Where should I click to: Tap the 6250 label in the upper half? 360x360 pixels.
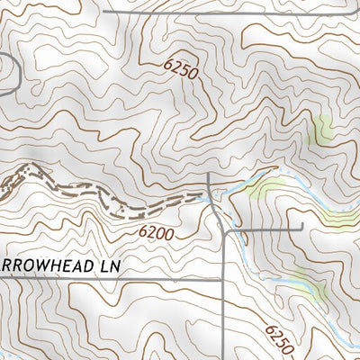[x=180, y=70]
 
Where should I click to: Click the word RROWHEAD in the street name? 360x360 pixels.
[x=41, y=266]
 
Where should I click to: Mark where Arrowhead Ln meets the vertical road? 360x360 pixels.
[x=222, y=279]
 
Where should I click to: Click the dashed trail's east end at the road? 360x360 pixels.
[x=206, y=193]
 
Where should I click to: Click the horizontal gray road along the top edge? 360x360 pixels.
[x=225, y=12]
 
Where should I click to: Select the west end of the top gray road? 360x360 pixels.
[x=104, y=12]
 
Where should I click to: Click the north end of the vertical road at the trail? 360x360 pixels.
[x=208, y=174]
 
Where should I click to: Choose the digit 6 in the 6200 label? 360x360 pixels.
[x=143, y=229]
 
